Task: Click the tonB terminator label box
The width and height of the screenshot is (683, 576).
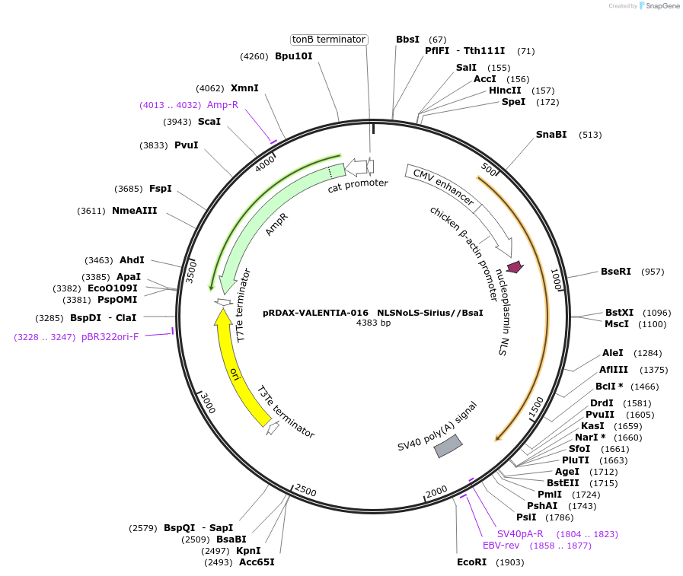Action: click(329, 40)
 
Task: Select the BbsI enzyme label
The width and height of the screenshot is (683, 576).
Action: click(407, 40)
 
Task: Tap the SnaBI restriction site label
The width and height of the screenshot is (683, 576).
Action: click(551, 135)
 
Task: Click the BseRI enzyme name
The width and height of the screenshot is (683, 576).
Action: click(616, 271)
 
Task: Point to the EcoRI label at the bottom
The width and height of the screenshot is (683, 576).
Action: click(471, 562)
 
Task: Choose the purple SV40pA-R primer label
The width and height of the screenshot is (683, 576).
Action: click(520, 534)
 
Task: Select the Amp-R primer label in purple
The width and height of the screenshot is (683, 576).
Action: click(222, 105)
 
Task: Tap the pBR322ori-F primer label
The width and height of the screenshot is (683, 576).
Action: click(110, 336)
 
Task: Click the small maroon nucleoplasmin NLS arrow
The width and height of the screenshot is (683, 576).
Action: click(515, 266)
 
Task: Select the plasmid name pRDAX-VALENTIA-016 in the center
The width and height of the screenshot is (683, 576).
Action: click(315, 313)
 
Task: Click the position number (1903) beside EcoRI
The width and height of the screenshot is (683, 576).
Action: click(510, 562)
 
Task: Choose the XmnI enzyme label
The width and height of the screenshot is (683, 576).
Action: click(244, 88)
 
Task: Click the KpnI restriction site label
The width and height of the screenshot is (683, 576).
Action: click(248, 551)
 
